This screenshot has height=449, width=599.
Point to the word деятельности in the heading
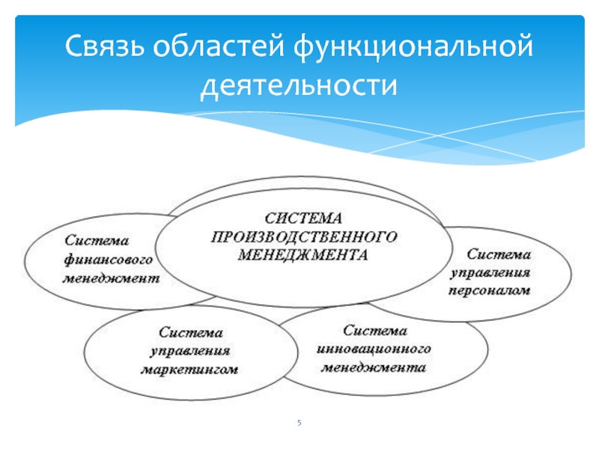298,87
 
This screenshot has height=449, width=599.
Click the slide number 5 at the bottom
299,424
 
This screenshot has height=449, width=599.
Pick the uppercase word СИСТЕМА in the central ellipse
302,218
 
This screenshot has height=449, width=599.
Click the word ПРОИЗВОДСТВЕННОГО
302,236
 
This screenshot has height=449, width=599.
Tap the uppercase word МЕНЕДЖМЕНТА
302,254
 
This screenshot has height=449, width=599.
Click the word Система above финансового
96,241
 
